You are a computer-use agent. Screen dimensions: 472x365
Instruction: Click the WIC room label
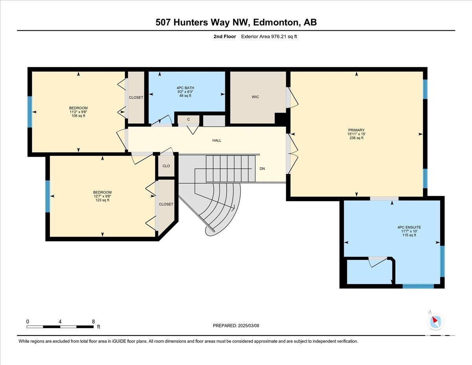(255, 97)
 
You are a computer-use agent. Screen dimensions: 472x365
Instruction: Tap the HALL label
(217, 141)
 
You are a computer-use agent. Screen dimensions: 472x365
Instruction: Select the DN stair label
(262, 169)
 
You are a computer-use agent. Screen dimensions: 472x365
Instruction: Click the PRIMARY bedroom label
(356, 130)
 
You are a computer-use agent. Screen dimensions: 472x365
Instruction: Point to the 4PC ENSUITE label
(409, 227)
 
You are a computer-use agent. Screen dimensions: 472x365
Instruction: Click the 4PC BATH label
(185, 88)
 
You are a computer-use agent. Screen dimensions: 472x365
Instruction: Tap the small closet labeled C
(188, 119)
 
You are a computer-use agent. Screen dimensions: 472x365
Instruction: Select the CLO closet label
(166, 166)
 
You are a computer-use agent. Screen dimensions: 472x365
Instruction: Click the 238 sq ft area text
(356, 138)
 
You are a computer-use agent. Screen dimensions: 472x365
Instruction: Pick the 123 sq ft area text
(102, 200)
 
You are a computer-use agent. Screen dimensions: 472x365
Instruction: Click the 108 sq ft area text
(78, 116)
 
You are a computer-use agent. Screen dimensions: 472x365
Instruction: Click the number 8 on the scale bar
(93, 322)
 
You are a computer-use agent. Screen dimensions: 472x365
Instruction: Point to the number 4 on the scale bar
(60, 322)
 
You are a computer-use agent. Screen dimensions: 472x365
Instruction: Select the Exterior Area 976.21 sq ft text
(269, 37)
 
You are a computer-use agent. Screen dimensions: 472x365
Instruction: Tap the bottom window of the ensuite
(418, 286)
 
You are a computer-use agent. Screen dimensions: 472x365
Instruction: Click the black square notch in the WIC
(280, 119)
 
